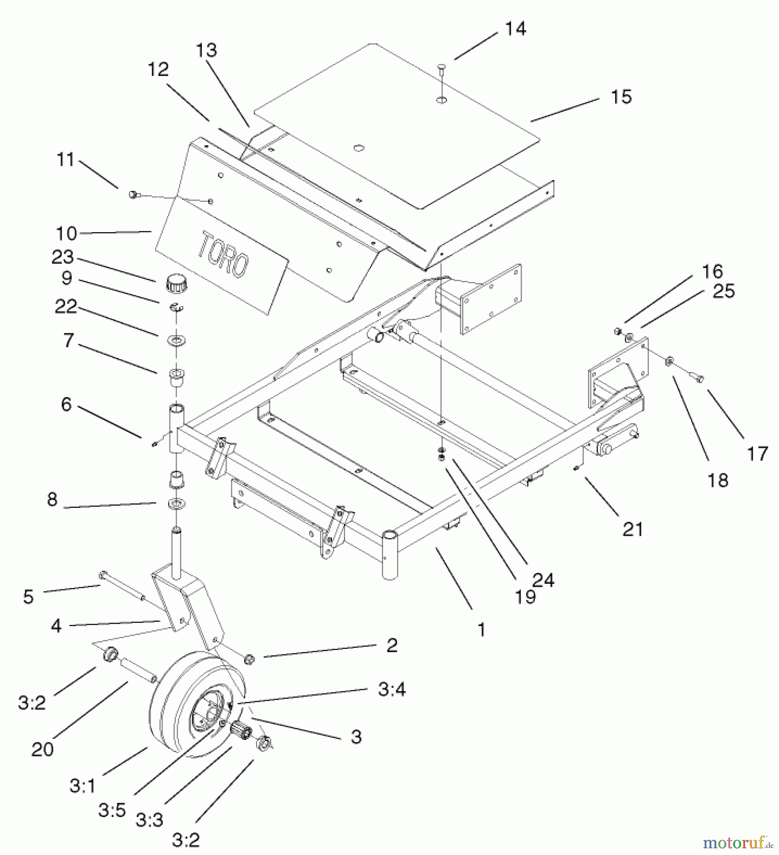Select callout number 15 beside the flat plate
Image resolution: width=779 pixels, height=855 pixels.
621,97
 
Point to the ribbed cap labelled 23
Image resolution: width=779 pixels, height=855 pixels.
177,285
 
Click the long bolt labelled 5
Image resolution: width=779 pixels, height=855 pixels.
121,587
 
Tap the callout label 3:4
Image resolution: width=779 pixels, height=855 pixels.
391,689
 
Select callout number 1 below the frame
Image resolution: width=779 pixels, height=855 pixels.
481,630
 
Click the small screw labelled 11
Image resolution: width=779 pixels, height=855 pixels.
133,194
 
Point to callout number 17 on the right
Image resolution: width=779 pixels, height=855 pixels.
757,454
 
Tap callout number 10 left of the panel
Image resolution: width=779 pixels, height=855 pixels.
66,234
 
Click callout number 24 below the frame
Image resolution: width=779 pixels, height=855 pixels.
543,580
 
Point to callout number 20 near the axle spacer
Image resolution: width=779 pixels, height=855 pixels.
42,750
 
